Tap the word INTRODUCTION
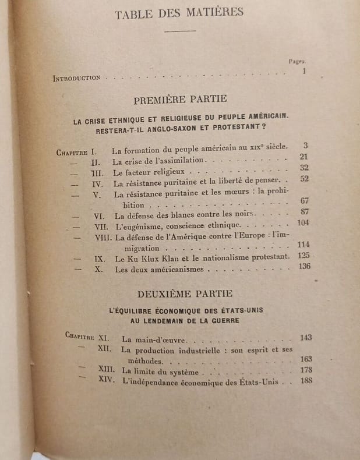coord(76,78)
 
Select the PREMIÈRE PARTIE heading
coord(180,100)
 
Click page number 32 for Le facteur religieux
coord(303,169)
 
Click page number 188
coord(303,381)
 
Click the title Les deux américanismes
coord(158,270)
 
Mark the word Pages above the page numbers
coord(297,60)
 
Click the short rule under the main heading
coord(180,31)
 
